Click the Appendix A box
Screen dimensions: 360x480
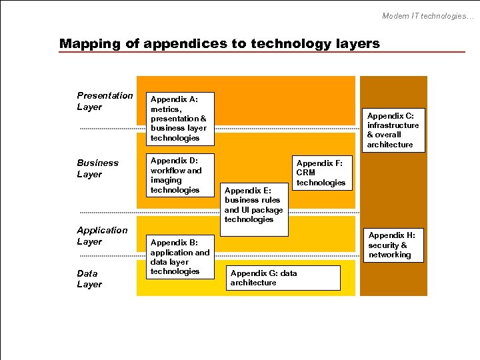pyautogui.click(x=180, y=119)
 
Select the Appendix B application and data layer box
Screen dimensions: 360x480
pyautogui.click(x=180, y=257)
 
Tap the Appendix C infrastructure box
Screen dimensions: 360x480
pyautogui.click(x=393, y=130)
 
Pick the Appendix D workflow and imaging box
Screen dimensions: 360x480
pyautogui.click(x=180, y=175)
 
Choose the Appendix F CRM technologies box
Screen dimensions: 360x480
pyautogui.click(x=320, y=173)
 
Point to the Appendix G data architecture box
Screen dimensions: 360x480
pyautogui.click(x=283, y=278)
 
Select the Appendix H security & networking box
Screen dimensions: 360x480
pyautogui.click(x=393, y=245)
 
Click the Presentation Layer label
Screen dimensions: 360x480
pyautogui.click(x=105, y=101)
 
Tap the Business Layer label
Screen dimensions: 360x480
pyautogui.click(x=97, y=169)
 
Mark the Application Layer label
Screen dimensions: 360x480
pyautogui.click(x=102, y=236)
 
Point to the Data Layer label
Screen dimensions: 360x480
pyautogui.click(x=89, y=279)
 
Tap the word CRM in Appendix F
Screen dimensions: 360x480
pyautogui.click(x=306, y=173)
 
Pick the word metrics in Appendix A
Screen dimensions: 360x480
pyautogui.click(x=165, y=109)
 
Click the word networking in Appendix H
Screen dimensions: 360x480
pyautogui.click(x=390, y=255)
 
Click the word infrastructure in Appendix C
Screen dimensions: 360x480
pyautogui.click(x=393, y=125)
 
